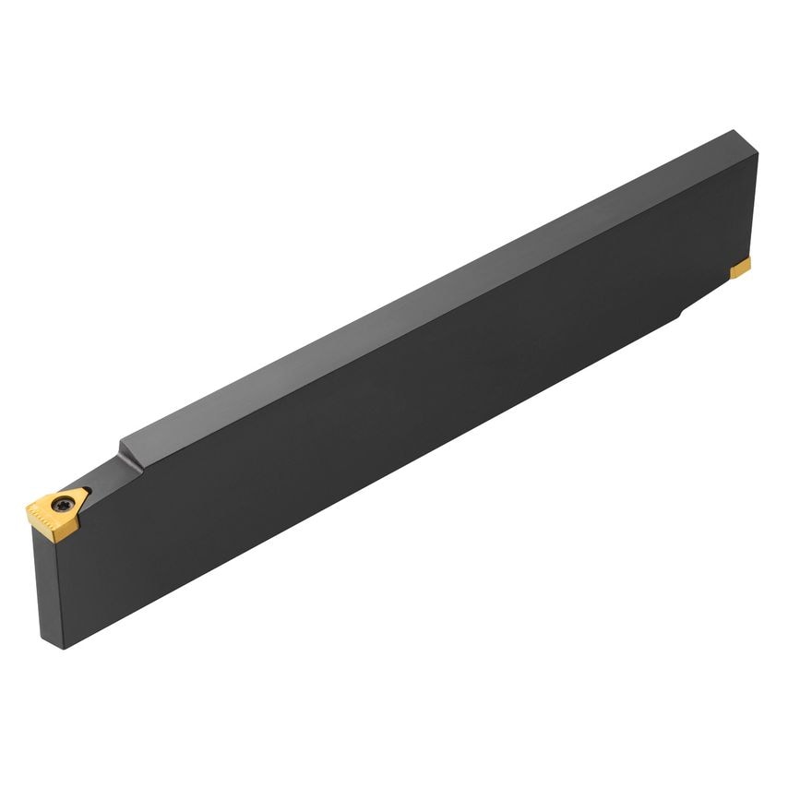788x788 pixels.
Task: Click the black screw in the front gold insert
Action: click(x=63, y=505)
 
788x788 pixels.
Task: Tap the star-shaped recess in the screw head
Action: click(x=63, y=506)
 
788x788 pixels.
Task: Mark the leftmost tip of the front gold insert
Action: click(x=27, y=507)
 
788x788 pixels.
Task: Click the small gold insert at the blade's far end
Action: click(x=741, y=268)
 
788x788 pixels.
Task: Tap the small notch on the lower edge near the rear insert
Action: click(x=681, y=315)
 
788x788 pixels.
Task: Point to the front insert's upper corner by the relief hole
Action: click(x=82, y=488)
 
